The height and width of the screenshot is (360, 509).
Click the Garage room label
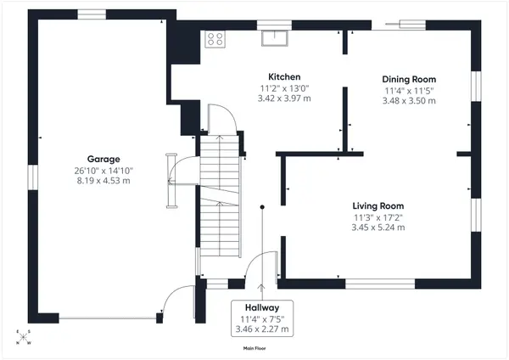pyautogui.click(x=103, y=159)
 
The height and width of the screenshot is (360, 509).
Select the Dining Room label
pyautogui.click(x=410, y=78)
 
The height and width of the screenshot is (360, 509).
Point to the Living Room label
pyautogui.click(x=378, y=205)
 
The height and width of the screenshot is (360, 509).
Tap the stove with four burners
pyautogui.click(x=215, y=38)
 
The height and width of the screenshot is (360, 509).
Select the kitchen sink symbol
pyautogui.click(x=276, y=37)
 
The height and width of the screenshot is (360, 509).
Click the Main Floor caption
pyautogui.click(x=255, y=348)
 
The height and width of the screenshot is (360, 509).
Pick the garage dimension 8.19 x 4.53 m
pyautogui.click(x=103, y=181)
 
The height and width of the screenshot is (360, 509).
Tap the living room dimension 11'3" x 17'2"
pyautogui.click(x=378, y=217)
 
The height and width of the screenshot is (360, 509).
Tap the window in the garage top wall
pyautogui.click(x=90, y=14)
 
